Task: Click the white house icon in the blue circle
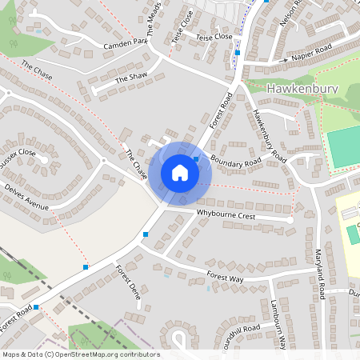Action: (x=180, y=173)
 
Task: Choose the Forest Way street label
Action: (x=224, y=276)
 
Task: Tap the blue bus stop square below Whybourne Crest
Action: (x=146, y=234)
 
